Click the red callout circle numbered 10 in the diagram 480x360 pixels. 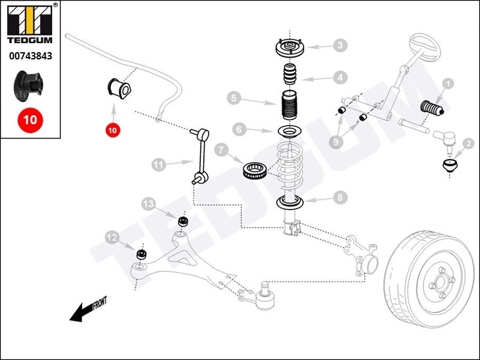coord(113,129)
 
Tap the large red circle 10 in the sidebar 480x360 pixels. coord(29,119)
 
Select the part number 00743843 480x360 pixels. coord(29,56)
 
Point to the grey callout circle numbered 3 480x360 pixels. coord(340,45)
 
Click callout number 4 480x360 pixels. coord(340,77)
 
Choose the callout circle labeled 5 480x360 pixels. coord(234,97)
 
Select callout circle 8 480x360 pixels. coord(340,197)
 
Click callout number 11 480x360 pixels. coord(158,163)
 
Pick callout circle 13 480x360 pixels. coord(148,204)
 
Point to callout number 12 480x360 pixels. coord(112,238)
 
